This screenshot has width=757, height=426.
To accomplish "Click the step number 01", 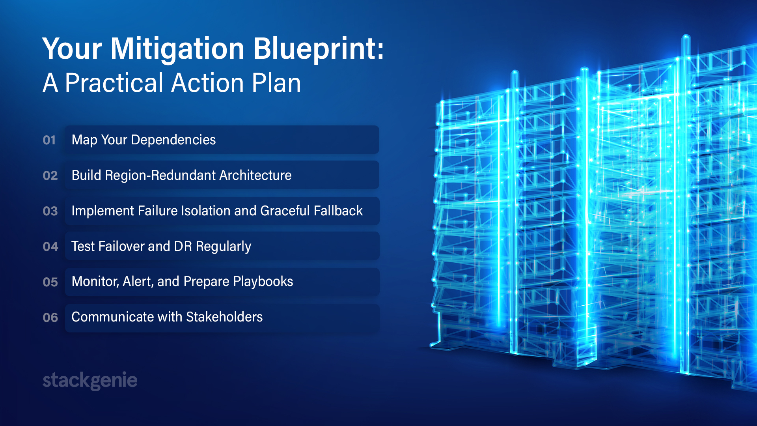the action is pos(49,140).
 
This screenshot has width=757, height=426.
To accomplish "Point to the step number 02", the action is pos(50,176).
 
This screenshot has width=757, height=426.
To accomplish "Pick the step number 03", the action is pos(50,211).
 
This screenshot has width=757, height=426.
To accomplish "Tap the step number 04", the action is pos(50,247).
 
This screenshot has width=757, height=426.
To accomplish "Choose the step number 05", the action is pos(50,282).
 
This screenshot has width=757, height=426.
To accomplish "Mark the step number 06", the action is pos(50,318).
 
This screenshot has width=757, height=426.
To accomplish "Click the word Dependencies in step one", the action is pos(173,140).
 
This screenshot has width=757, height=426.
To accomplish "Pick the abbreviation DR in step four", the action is pos(183,247).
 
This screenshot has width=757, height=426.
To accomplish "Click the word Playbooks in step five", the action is pos(263,282).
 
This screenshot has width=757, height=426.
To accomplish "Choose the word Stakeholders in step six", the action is pos(224,317).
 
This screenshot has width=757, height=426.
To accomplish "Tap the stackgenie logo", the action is pos(90,381).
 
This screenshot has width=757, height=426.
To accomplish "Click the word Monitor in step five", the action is pos(95,282).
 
